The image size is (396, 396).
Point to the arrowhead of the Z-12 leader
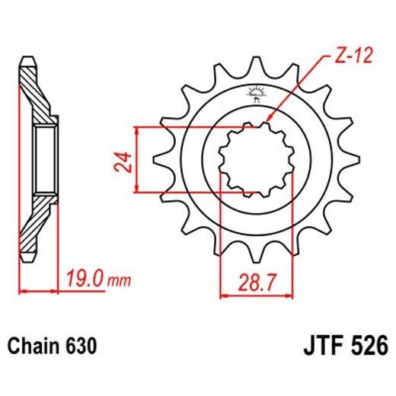[x=267, y=122]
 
